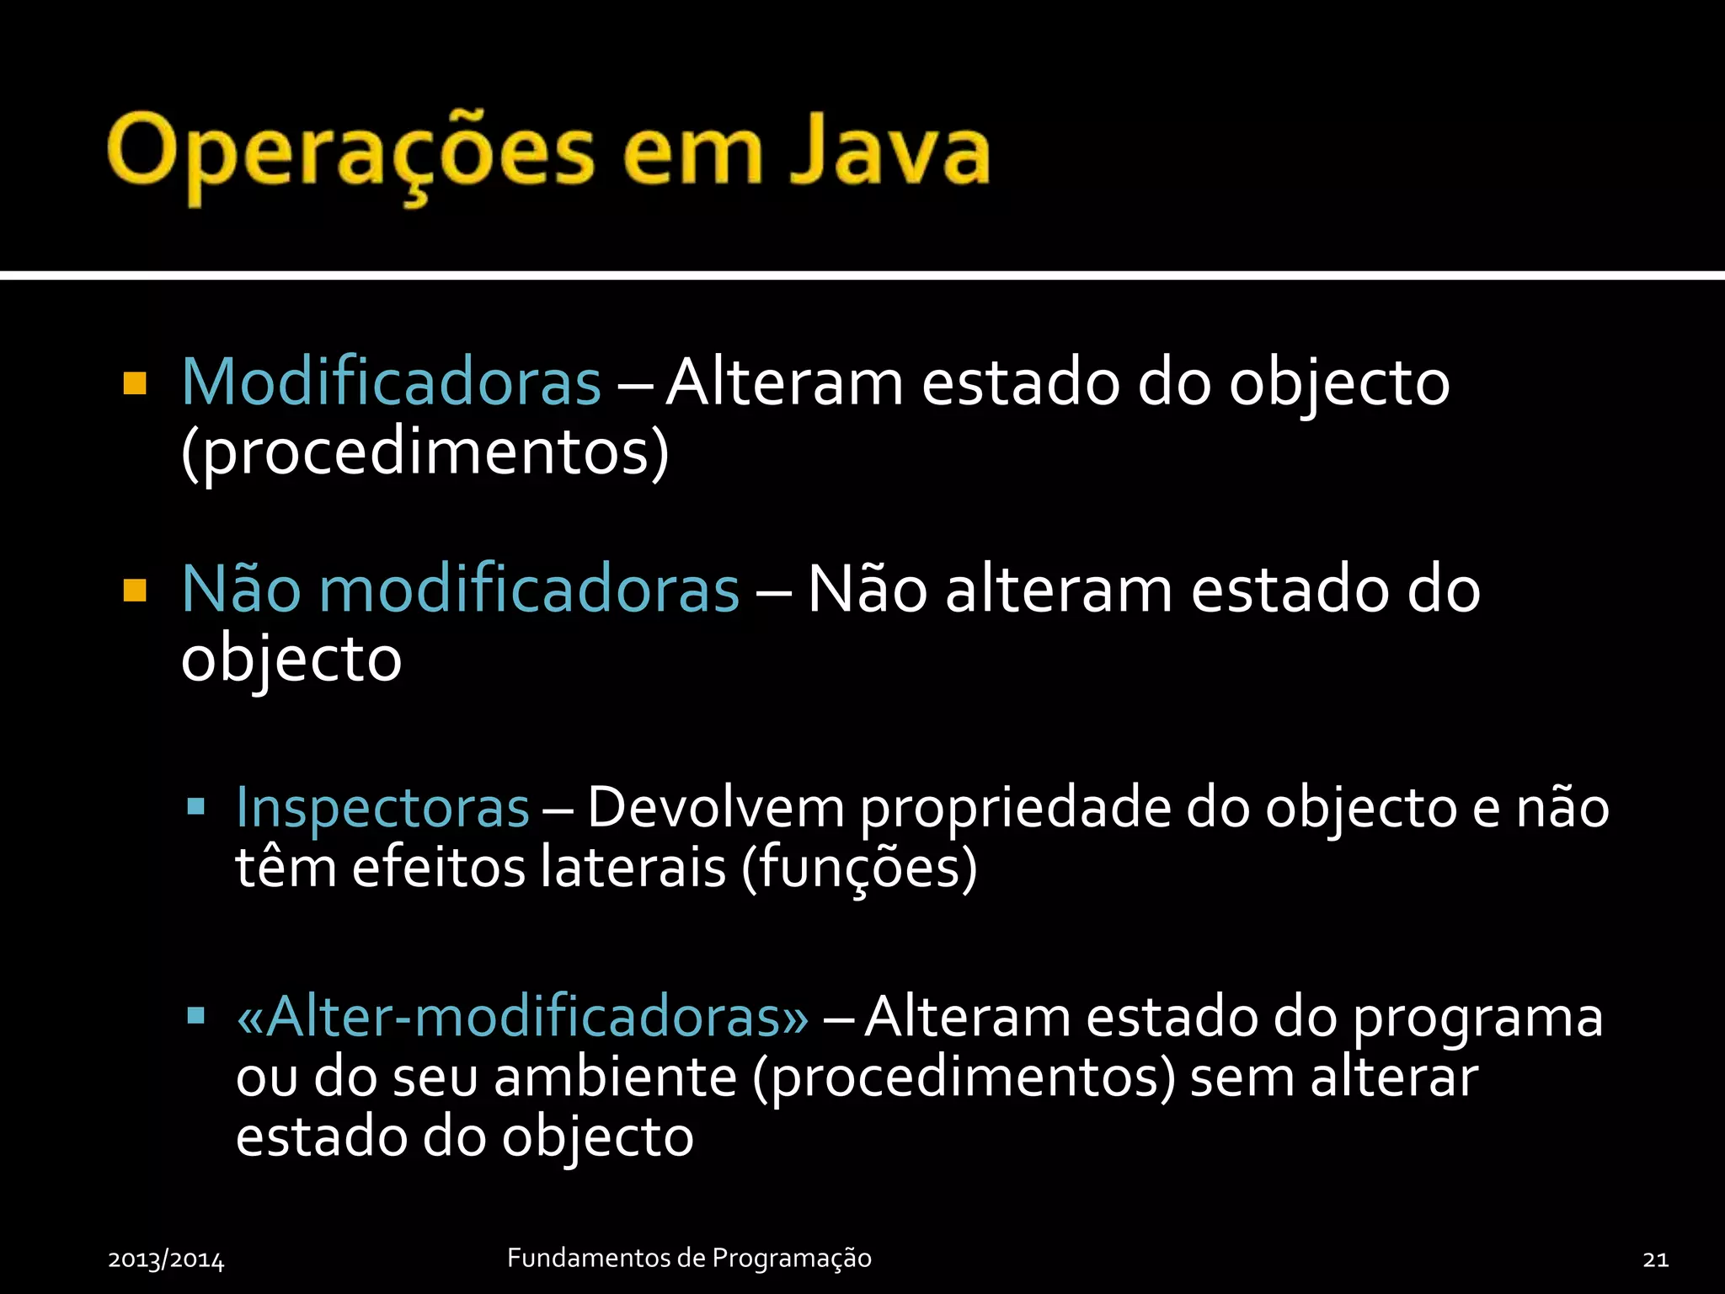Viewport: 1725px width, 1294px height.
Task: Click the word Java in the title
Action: [x=889, y=152]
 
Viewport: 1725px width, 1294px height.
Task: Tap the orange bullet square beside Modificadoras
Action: [x=135, y=384]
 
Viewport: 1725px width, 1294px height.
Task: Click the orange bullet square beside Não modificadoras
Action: [x=135, y=591]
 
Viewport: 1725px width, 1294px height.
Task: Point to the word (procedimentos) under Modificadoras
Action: [x=425, y=453]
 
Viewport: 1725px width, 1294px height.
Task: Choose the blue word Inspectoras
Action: [x=382, y=807]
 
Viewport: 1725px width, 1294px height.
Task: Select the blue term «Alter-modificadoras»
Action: [x=522, y=1016]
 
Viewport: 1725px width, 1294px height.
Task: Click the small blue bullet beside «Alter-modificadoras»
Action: [x=196, y=1015]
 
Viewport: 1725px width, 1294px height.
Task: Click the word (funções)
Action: [x=859, y=868]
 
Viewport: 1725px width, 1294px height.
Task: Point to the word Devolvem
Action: [x=716, y=807]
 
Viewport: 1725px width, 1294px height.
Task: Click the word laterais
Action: [x=633, y=868]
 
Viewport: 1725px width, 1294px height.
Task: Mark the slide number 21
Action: [x=1655, y=1259]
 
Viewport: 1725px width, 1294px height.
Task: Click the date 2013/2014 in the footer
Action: [x=166, y=1259]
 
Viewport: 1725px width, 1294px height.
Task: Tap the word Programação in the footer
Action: [x=792, y=1259]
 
